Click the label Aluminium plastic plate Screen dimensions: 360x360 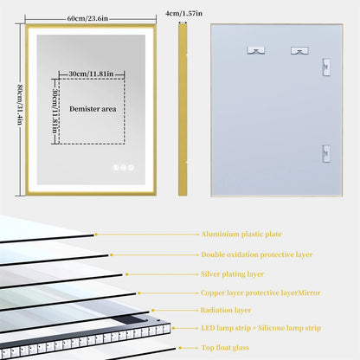tap(241, 235)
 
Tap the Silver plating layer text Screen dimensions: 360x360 tap(234, 273)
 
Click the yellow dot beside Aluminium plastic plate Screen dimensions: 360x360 tap(96, 235)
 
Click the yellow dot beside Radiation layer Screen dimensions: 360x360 tap(152, 309)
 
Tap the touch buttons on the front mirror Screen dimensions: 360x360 tap(123, 168)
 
